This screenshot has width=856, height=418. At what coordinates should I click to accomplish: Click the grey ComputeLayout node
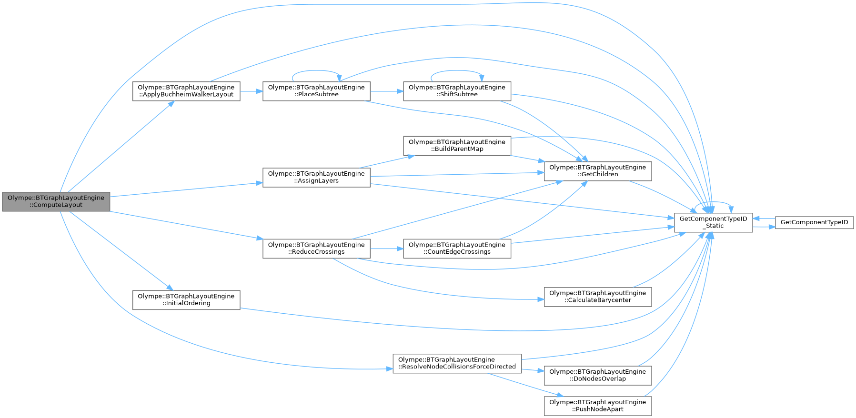click(x=56, y=201)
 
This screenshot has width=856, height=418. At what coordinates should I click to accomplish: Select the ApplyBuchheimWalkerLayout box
click(x=186, y=91)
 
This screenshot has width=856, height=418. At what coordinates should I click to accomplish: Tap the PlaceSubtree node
click(x=316, y=91)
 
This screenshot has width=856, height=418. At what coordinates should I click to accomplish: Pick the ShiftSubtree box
click(x=457, y=91)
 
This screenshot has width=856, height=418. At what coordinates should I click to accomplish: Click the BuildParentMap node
click(x=457, y=145)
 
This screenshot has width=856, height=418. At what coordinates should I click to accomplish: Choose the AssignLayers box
click(x=316, y=177)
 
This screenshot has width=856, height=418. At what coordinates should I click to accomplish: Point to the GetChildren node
click(x=597, y=171)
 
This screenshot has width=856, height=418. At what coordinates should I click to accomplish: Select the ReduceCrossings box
click(x=316, y=249)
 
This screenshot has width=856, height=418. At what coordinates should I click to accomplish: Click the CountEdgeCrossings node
click(x=457, y=249)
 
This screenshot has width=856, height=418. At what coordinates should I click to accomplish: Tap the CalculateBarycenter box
click(x=597, y=297)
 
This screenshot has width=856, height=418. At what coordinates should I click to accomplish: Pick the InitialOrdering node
click(x=186, y=300)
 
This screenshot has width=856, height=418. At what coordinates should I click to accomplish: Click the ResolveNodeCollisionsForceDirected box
click(x=457, y=363)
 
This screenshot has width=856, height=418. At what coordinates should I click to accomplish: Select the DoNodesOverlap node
click(x=597, y=375)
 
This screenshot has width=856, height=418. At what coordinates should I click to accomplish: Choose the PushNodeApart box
click(x=597, y=406)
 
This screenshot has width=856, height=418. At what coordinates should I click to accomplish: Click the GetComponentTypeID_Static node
click(x=713, y=222)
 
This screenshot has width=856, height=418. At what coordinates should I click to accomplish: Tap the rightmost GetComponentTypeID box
click(x=814, y=222)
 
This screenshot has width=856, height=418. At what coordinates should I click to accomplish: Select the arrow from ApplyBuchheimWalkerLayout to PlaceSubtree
click(x=251, y=91)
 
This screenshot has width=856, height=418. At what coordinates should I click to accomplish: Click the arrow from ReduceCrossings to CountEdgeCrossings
click(x=386, y=249)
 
